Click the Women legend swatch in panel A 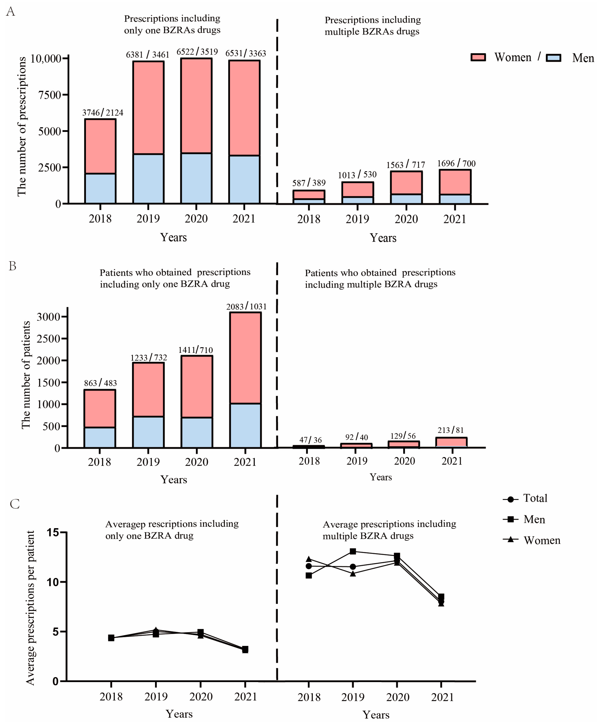click(x=478, y=57)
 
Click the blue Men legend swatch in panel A click(x=553, y=58)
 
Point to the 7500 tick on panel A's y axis click(x=50, y=95)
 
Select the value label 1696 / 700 click(x=456, y=163)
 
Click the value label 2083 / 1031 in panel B click(x=246, y=306)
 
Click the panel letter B click(x=12, y=266)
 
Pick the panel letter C click(x=15, y=504)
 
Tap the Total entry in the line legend click(x=535, y=498)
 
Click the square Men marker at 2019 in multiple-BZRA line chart click(x=353, y=551)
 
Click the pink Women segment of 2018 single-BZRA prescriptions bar click(x=100, y=146)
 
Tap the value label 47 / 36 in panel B click(x=310, y=440)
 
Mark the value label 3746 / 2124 click(x=102, y=112)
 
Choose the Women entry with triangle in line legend click(x=542, y=540)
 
